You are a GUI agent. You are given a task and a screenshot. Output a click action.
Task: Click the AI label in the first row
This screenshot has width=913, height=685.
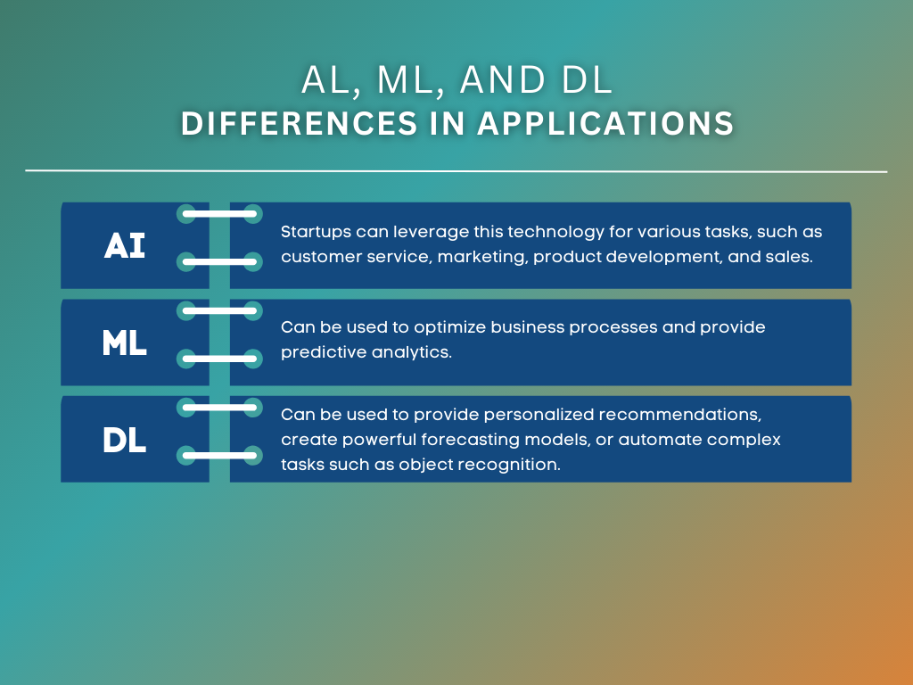pos(125,245)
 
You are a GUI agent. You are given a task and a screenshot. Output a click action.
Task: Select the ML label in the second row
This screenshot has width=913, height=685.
pos(125,342)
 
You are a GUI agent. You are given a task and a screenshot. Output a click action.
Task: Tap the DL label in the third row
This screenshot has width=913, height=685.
pos(125,440)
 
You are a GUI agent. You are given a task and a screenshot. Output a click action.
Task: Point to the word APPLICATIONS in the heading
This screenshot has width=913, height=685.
pos(605,124)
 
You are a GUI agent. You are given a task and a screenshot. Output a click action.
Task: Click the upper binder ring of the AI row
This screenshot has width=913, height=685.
pos(219,214)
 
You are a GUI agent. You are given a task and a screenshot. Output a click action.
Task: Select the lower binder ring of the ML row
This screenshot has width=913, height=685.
pos(219,359)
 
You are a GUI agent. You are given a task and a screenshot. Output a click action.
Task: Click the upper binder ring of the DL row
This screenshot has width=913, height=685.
pos(219,407)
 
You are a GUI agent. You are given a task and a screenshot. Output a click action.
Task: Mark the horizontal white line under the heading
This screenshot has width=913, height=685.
pos(456,170)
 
